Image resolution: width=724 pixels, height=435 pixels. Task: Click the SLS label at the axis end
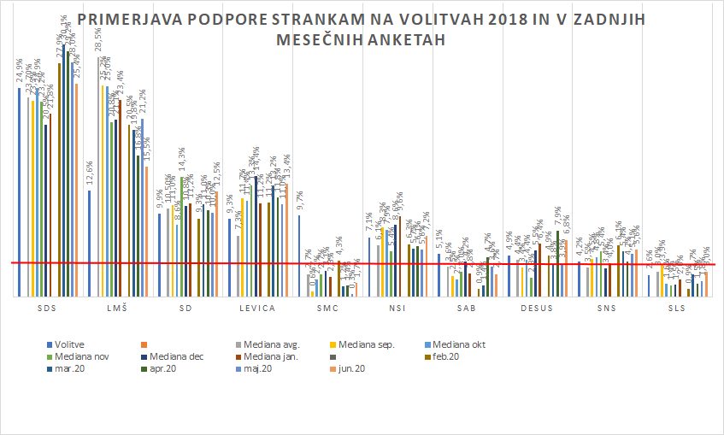677,308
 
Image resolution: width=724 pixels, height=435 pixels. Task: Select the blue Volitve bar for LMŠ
89,244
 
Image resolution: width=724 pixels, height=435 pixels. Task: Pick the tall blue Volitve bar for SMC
299,256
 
